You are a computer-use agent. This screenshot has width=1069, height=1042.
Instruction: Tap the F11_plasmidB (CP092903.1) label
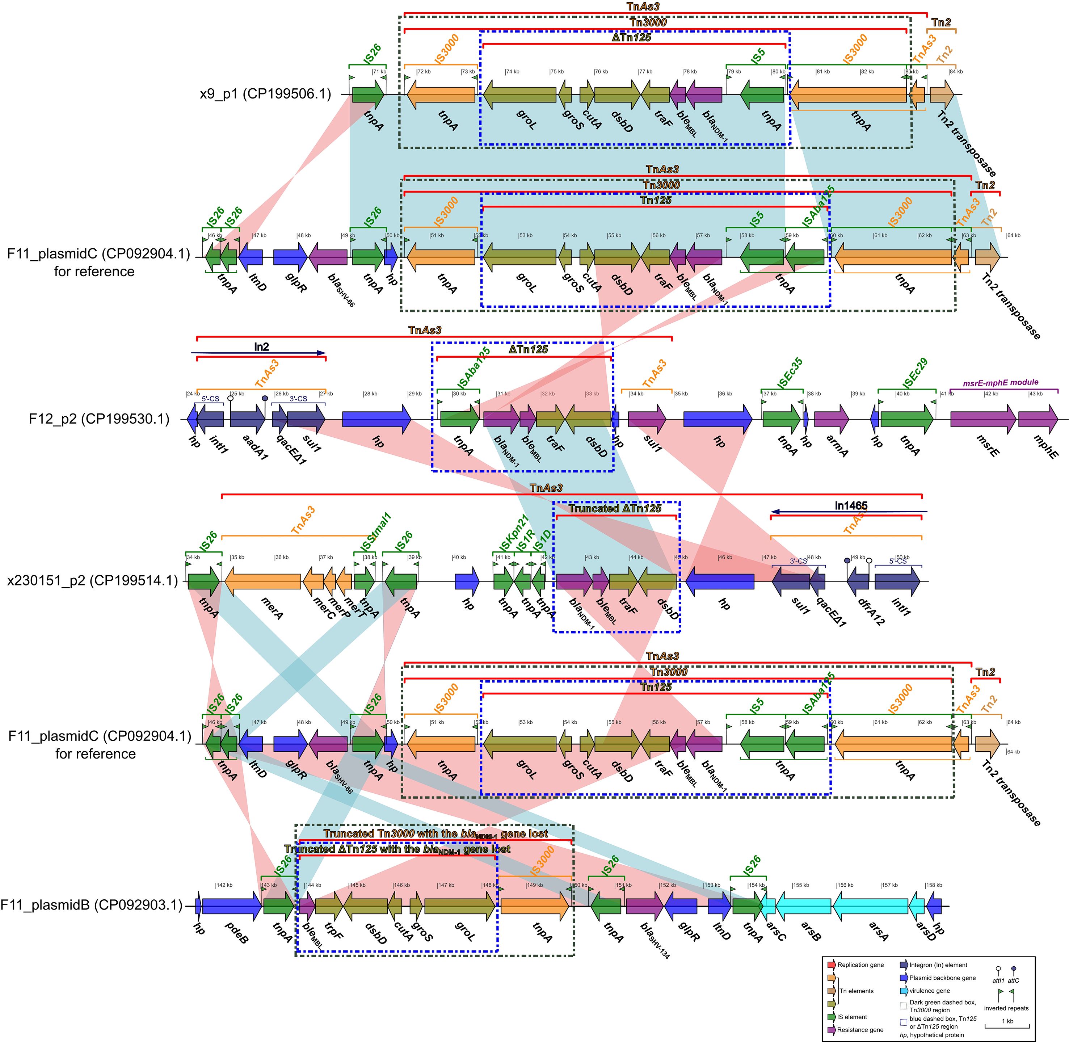91,905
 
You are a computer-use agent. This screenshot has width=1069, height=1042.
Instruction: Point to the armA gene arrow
832,420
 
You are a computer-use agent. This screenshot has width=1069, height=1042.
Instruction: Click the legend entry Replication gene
860,965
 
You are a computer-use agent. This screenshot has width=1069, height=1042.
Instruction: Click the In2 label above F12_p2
261,347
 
